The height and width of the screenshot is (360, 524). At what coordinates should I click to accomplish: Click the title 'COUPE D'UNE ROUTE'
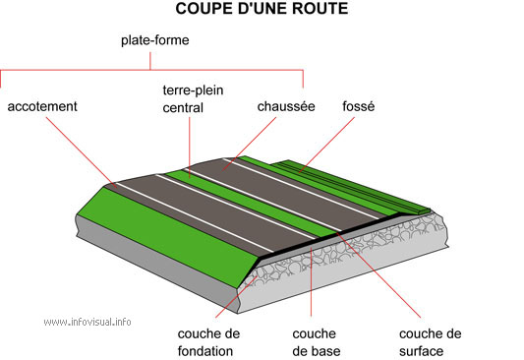pyautogui.click(x=262, y=10)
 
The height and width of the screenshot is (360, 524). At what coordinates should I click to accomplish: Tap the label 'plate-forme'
pyautogui.click(x=154, y=41)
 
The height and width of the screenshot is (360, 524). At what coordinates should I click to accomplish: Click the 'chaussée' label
pyautogui.click(x=285, y=105)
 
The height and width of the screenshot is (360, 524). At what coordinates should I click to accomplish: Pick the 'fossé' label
pyautogui.click(x=359, y=105)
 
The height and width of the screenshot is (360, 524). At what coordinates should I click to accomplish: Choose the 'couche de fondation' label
pyautogui.click(x=207, y=341)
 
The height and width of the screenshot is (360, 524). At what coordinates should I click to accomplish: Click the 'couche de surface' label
pyautogui.click(x=430, y=341)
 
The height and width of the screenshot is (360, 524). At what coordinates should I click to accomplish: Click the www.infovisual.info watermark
pyautogui.click(x=87, y=322)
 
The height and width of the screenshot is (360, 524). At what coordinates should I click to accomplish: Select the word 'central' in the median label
pyautogui.click(x=183, y=107)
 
